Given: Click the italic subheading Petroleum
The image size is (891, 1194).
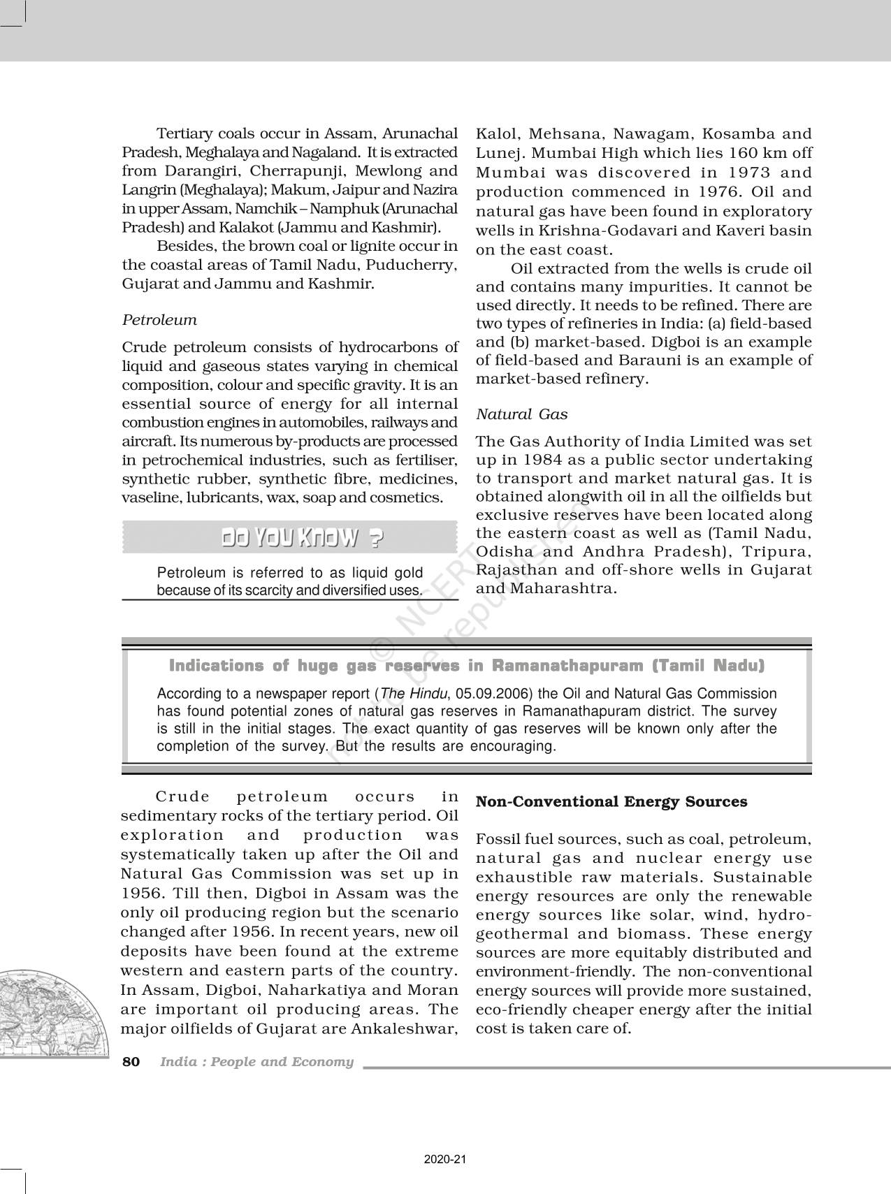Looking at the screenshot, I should [x=159, y=320].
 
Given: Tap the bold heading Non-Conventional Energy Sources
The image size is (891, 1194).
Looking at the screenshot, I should [x=611, y=801].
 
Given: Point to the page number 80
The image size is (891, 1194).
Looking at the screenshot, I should [x=131, y=1062].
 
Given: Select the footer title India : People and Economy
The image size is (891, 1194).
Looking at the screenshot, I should [x=256, y=1062].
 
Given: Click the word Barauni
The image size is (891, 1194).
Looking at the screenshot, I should [x=623, y=361].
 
